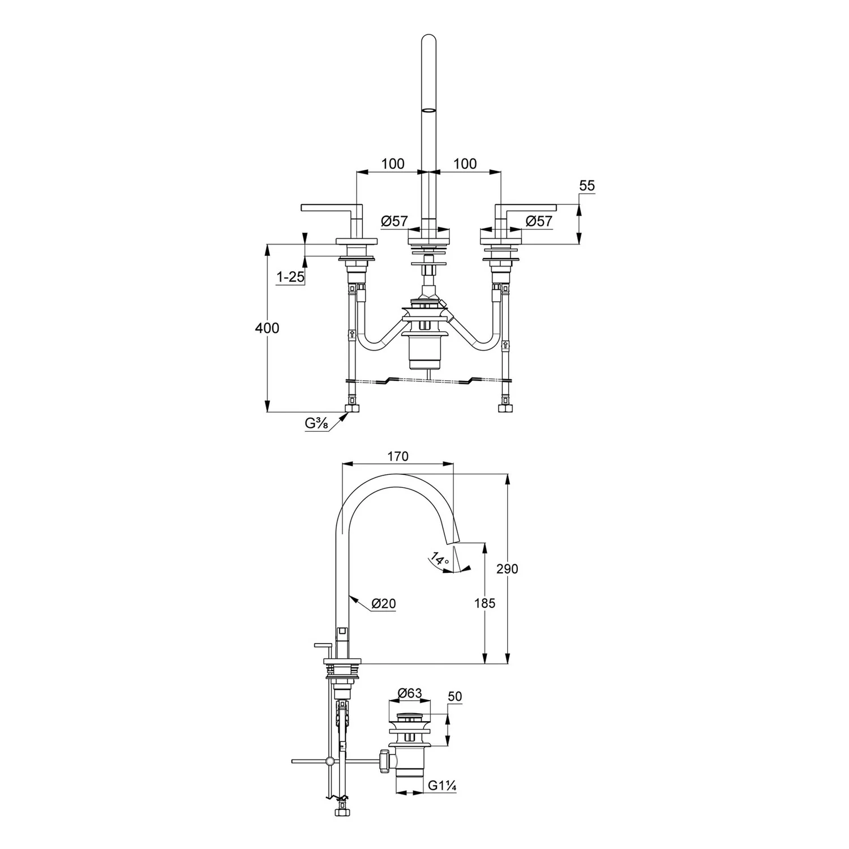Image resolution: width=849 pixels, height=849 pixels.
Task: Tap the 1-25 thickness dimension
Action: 290,277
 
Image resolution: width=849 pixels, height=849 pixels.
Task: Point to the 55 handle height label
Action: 588,186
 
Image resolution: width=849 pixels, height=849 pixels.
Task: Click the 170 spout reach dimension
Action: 398,456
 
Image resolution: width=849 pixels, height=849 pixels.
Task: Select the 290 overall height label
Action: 507,569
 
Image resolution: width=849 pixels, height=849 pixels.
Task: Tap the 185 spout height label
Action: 484,603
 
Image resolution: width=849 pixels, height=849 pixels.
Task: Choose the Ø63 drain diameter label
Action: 410,693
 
